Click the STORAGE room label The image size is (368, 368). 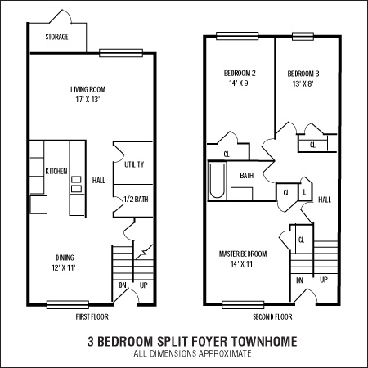pos(56,38)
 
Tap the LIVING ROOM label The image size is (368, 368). pos(88,90)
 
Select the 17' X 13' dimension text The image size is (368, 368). pos(88,101)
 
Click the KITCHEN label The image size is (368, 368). pos(56,171)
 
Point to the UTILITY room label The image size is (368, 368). pos(134,165)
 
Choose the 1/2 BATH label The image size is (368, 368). pos(135,200)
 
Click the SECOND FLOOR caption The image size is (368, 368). pos(272,316)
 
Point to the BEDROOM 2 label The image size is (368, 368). pos(240,74)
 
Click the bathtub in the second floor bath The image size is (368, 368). pos(217,182)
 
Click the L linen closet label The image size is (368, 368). pos(304,191)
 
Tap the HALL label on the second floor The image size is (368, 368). pos(324,199)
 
